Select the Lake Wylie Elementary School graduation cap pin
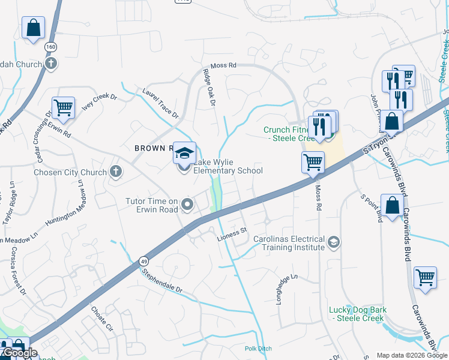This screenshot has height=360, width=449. click(184, 154)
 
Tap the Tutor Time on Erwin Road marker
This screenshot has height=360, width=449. click(187, 205)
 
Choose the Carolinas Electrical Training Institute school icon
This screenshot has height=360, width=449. click(334, 242)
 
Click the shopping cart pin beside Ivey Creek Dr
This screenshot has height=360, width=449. click(63, 108)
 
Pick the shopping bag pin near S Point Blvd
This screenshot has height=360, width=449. click(392, 206)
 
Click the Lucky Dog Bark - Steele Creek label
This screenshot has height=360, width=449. click(357, 314)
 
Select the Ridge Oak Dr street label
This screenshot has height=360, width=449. click(209, 88)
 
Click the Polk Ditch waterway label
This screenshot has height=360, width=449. click(258, 349)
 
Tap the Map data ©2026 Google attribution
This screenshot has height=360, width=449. click(412, 355)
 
